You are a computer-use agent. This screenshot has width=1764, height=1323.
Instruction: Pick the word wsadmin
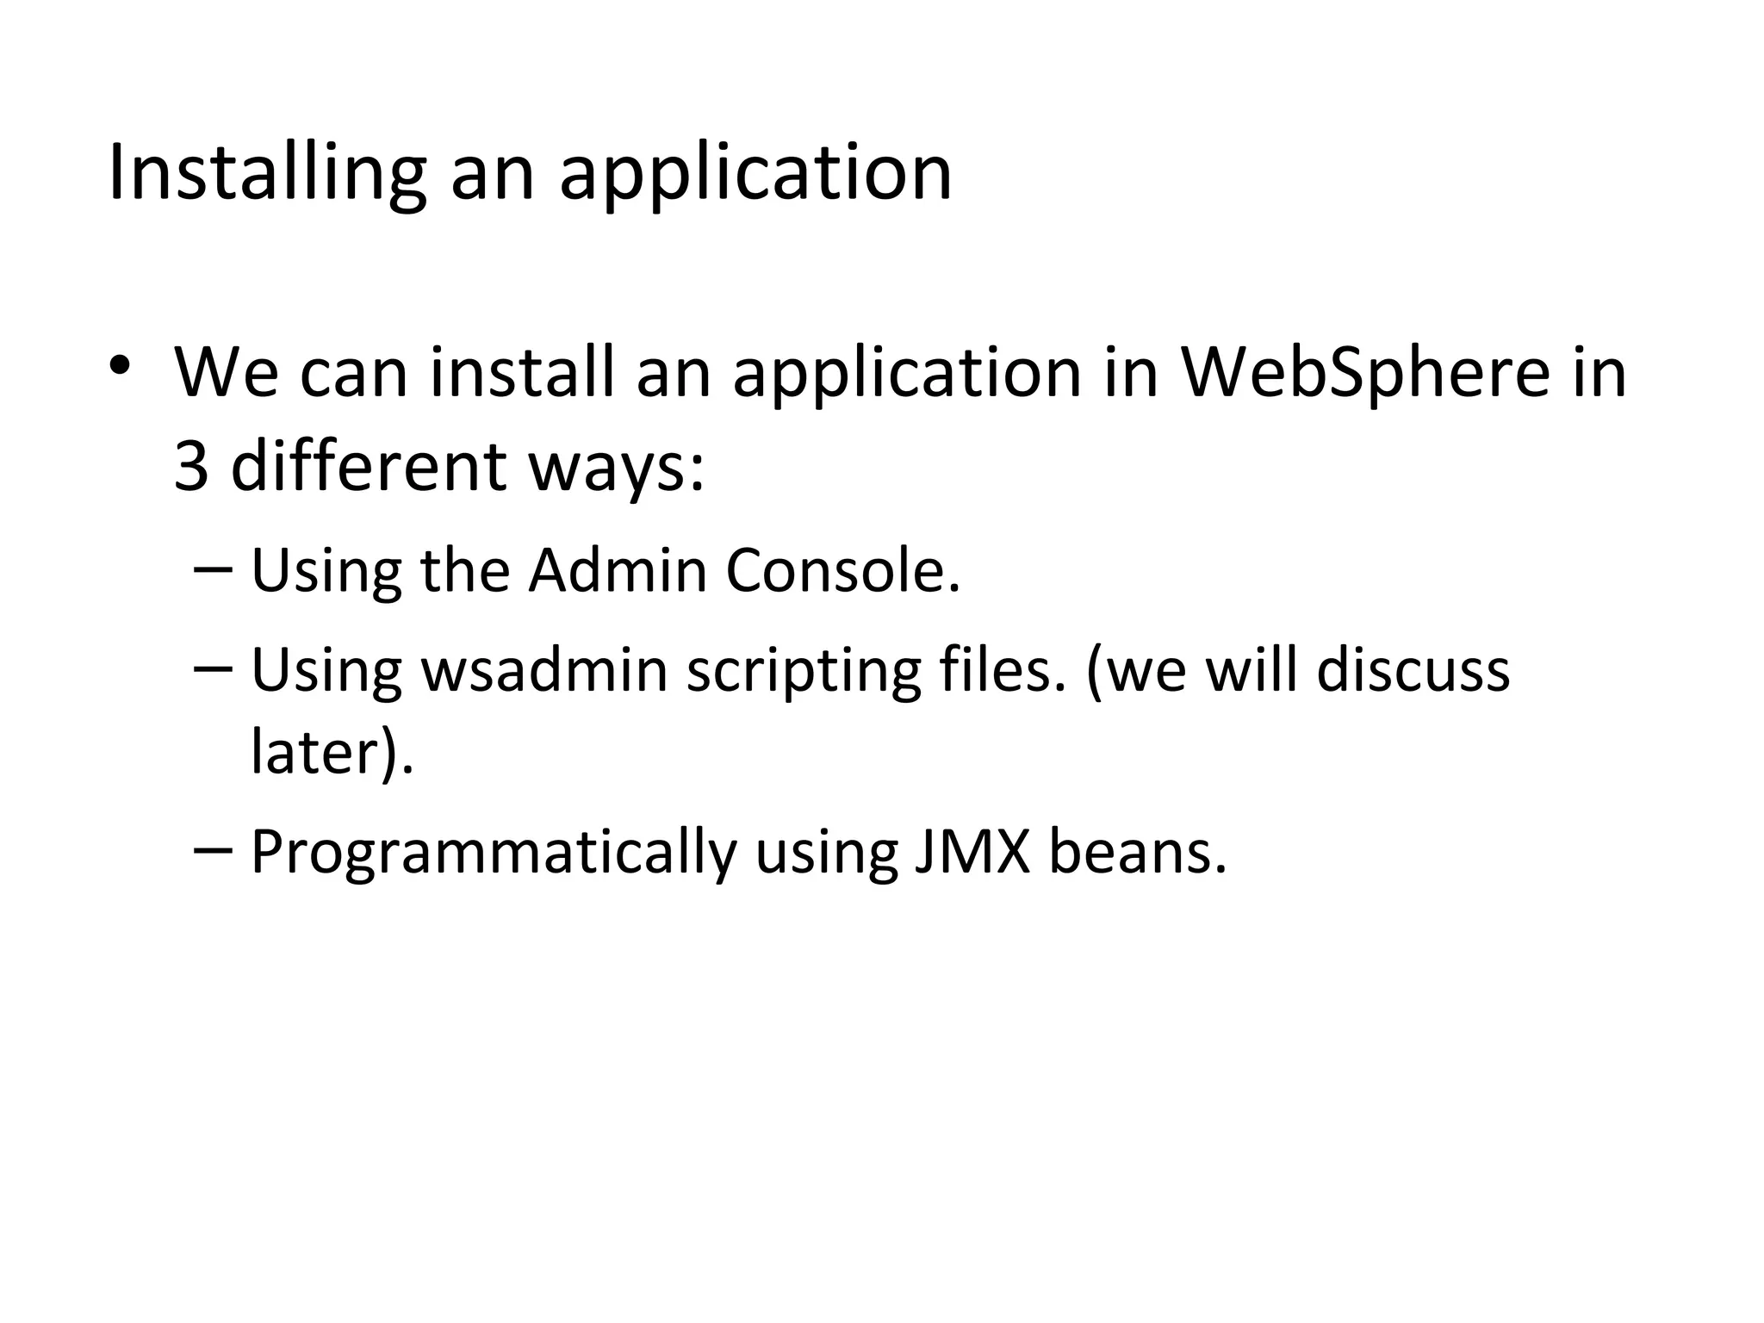[x=544, y=670]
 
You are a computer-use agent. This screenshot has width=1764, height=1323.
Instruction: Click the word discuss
[x=1413, y=670]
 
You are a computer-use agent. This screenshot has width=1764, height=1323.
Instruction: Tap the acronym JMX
[x=972, y=852]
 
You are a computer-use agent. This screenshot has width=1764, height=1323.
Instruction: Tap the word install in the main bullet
[x=523, y=373]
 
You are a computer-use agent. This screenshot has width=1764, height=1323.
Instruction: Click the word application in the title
[x=755, y=175]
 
